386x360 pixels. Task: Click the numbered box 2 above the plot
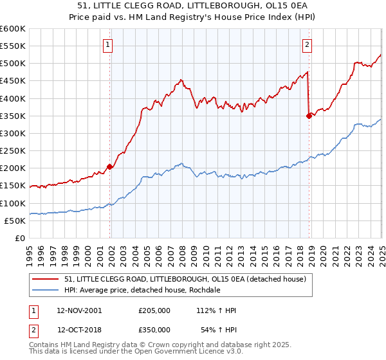[307, 44]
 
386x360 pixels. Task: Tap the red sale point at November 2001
[110, 166]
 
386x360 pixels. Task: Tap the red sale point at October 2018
[309, 116]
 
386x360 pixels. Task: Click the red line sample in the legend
[46, 279]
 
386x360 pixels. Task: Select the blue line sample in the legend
[46, 290]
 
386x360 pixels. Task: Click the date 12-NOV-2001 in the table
[79, 310]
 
